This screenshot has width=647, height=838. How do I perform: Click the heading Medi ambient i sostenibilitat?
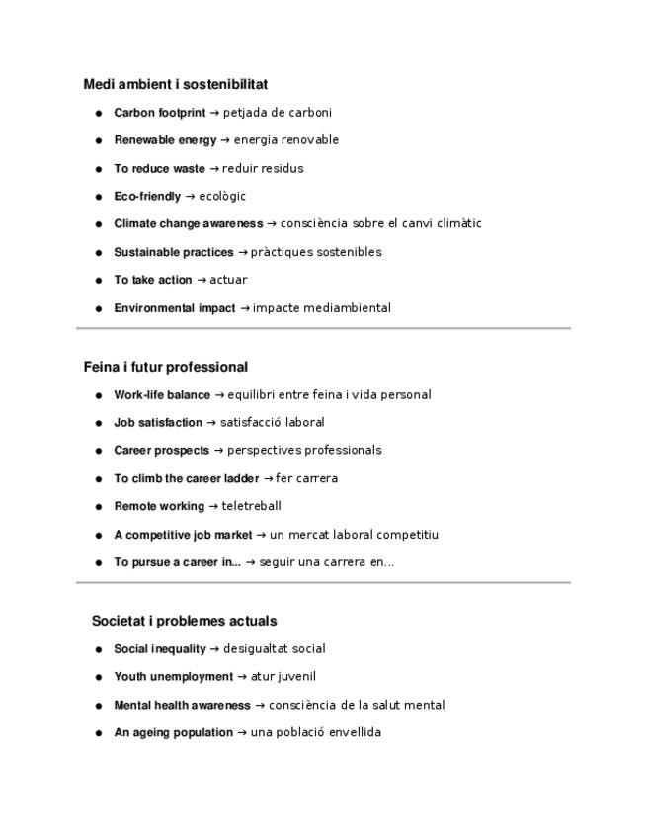(176, 85)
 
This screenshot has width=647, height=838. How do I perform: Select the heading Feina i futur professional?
(166, 367)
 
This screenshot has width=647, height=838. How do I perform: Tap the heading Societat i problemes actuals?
(184, 621)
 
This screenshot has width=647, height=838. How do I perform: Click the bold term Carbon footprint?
(159, 113)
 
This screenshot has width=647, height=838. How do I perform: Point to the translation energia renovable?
(285, 140)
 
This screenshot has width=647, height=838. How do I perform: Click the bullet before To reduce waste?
(99, 169)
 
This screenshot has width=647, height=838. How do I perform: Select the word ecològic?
(222, 197)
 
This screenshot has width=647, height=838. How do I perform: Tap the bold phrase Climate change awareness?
(188, 224)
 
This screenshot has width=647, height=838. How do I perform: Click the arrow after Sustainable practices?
(243, 252)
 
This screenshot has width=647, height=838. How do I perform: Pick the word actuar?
(228, 280)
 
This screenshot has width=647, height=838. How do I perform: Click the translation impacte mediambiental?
(322, 308)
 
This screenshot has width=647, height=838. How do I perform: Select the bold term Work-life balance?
(162, 395)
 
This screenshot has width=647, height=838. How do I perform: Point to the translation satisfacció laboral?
(272, 423)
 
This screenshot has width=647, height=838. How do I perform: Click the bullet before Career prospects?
(99, 451)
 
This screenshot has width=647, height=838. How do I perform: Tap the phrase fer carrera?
(306, 478)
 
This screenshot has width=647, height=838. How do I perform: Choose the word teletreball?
(251, 506)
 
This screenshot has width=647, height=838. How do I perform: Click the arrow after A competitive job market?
(261, 535)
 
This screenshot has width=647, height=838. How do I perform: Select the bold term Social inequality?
(160, 649)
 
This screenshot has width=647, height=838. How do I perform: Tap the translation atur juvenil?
(283, 677)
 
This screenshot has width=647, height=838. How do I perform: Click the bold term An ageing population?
(173, 733)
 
